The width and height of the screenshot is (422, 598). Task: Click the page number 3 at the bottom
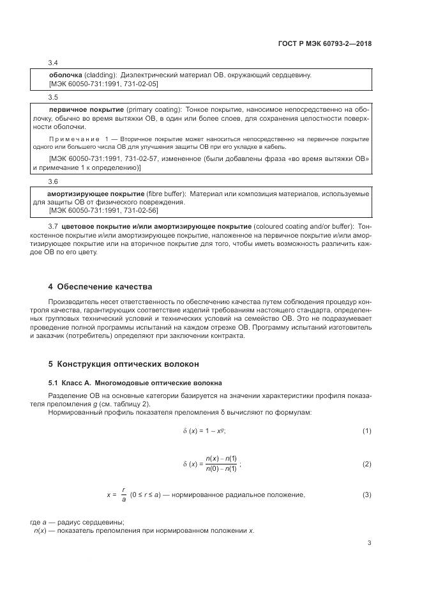pos(369,543)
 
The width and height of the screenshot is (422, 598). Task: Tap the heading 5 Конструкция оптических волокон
pos(124,364)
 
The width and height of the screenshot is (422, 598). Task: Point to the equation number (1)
pos(366,431)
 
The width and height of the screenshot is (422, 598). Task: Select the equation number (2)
pos(366,464)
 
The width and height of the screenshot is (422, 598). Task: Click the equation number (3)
pos(366,495)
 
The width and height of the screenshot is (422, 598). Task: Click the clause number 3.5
pos(54,98)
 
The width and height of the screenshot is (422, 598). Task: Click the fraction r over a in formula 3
pos(124,495)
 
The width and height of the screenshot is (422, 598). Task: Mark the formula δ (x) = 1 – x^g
pos(204,431)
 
